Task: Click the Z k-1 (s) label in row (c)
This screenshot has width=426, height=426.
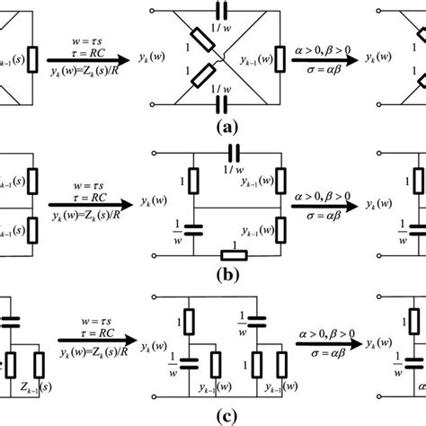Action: tap(30, 394)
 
